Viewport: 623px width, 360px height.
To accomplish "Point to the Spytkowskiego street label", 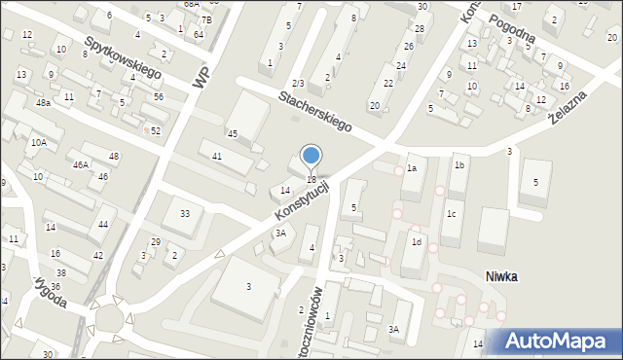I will click(x=123, y=59).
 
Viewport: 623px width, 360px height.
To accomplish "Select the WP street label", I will click(x=202, y=78).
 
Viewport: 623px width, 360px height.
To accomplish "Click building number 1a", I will click(x=412, y=168).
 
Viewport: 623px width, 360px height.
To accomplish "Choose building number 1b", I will click(x=459, y=166).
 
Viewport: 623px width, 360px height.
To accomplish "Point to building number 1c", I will click(x=451, y=213).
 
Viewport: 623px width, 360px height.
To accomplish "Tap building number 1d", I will click(x=416, y=241).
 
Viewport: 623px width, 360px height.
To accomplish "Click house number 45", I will click(x=233, y=132).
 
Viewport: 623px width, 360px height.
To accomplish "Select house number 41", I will click(x=217, y=156).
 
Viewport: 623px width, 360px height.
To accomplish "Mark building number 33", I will click(x=185, y=213).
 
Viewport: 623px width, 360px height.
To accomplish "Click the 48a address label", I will click(x=43, y=103).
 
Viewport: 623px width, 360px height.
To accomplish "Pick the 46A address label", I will click(x=81, y=165).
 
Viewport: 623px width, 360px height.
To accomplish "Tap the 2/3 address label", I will click(x=298, y=84).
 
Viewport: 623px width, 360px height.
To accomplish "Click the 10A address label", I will click(x=38, y=142).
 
